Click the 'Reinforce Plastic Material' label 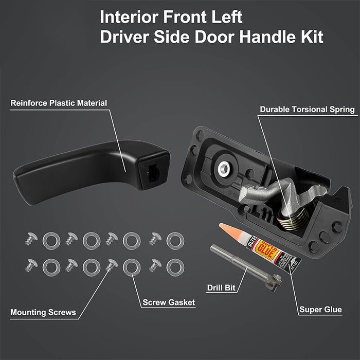59,103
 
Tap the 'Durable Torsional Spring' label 307,109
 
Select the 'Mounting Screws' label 43,312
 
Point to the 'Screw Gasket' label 168,302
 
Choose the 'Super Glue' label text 320,310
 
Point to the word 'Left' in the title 224,17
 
